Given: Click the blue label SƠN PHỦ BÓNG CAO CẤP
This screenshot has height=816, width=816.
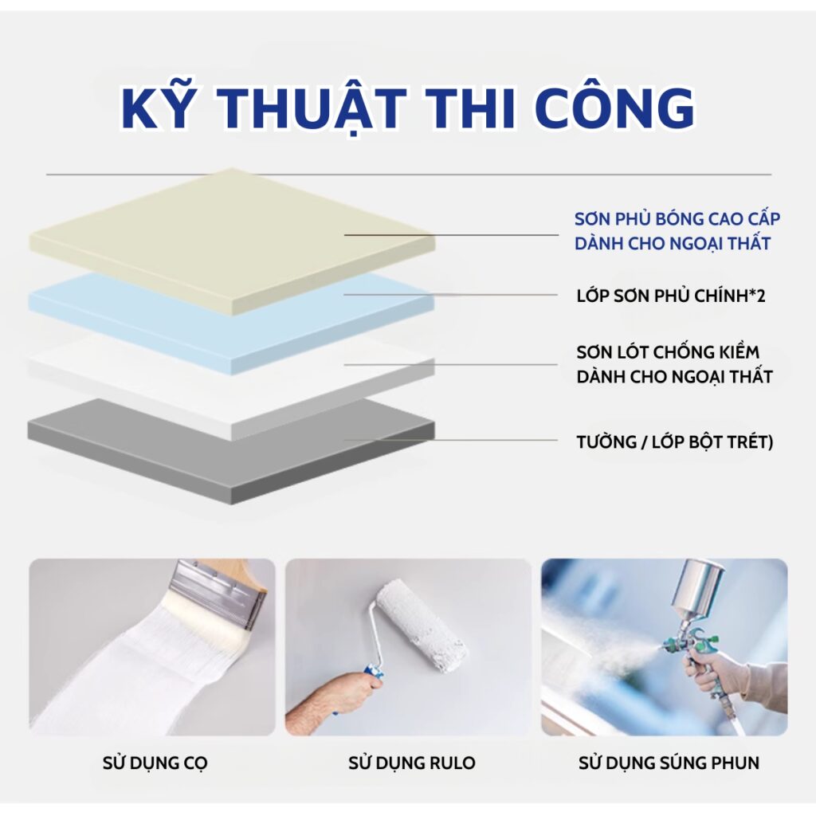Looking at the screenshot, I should [x=677, y=219].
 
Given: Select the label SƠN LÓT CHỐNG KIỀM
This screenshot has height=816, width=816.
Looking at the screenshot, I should [x=668, y=352].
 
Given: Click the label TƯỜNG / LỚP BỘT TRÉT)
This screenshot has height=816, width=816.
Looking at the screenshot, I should [x=674, y=441].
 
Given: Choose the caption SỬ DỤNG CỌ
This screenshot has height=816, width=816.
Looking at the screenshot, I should [x=155, y=763].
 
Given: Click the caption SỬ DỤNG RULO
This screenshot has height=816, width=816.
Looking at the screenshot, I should [x=411, y=763].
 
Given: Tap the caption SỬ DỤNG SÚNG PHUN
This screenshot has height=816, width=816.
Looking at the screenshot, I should [x=669, y=763].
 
